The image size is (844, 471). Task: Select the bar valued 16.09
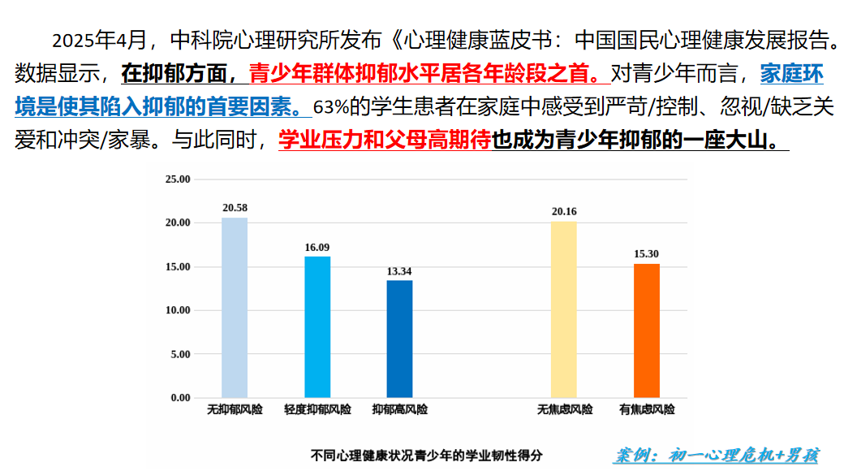click(317, 326)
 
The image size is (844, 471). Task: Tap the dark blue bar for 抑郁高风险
click(399, 339)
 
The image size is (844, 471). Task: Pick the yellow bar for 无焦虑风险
click(564, 309)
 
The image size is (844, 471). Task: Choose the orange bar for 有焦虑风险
click(646, 331)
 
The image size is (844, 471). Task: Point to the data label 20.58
click(235, 209)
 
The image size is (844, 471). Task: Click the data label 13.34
click(399, 271)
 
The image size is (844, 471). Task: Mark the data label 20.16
click(564, 212)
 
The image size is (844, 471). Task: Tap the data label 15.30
click(646, 254)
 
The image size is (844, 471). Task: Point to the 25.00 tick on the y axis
click(177, 179)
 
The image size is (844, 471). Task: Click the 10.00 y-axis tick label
click(177, 310)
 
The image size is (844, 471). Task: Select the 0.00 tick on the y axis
click(179, 398)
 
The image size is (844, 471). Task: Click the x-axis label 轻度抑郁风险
click(317, 410)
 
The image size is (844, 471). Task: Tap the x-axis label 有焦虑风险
click(646, 410)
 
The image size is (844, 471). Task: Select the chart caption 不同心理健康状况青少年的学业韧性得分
click(427, 456)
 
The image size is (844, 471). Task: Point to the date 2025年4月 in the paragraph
click(100, 39)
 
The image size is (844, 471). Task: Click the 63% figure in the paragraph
click(330, 107)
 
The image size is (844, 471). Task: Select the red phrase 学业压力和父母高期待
click(385, 140)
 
